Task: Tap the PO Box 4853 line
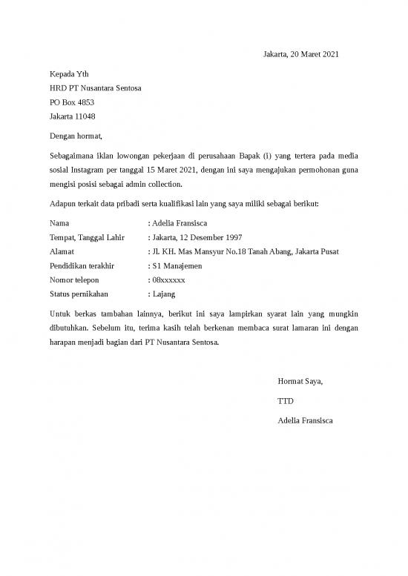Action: click(x=71, y=102)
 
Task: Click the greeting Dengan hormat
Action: click(x=76, y=136)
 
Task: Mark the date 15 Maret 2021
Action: click(x=171, y=171)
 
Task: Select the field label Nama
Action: click(x=59, y=222)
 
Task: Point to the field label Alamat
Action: click(x=62, y=251)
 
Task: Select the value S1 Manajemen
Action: click(x=177, y=265)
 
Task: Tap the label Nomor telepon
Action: click(x=73, y=280)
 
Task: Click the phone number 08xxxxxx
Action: click(x=168, y=280)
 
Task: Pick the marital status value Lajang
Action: click(x=163, y=294)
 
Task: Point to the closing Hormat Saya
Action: click(x=300, y=382)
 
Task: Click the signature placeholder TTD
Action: click(x=285, y=401)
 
